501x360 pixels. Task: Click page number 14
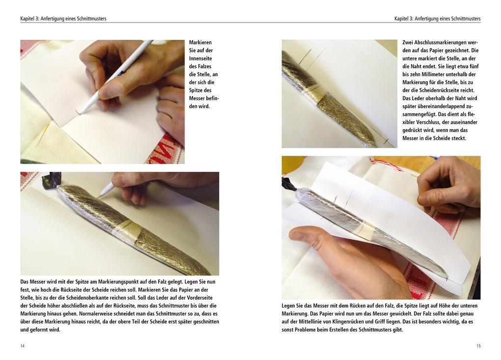pyautogui.click(x=23, y=346)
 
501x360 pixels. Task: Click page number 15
pyautogui.click(x=478, y=346)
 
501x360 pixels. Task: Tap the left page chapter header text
pyautogui.click(x=63, y=19)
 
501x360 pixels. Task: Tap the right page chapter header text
pyautogui.click(x=438, y=19)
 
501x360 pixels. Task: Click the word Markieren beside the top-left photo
pyautogui.click(x=200, y=43)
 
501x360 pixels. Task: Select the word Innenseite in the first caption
pyautogui.click(x=200, y=58)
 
